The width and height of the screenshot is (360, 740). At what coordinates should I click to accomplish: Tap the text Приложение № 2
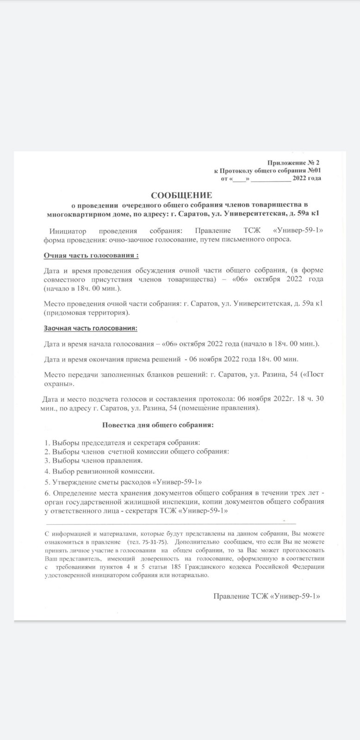293,163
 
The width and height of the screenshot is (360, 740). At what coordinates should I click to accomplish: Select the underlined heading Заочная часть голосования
91,328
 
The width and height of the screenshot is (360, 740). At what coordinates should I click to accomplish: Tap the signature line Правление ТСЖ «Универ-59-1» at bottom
267,597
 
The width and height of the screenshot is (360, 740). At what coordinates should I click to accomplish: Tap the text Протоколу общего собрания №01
272,170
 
